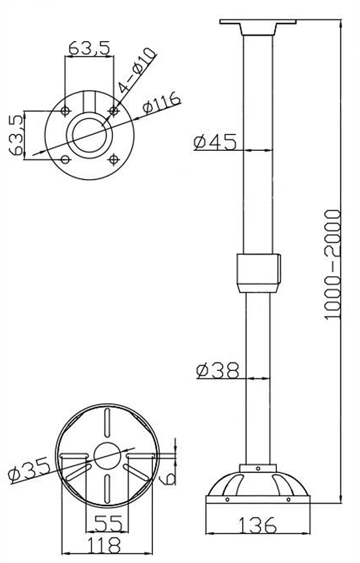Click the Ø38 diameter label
[x=218, y=370]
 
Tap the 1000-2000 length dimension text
[x=332, y=265]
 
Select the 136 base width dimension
[x=257, y=525]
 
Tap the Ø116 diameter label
[x=161, y=103]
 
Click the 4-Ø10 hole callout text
[x=138, y=70]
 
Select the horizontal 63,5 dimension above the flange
[x=89, y=48]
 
